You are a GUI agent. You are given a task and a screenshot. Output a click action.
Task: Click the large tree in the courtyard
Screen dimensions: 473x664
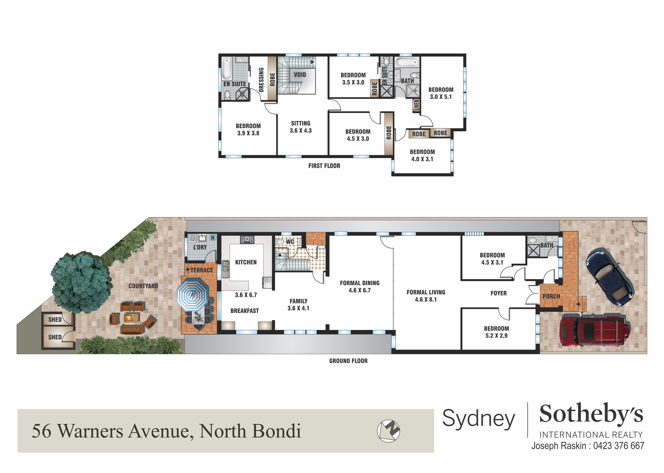(81, 282)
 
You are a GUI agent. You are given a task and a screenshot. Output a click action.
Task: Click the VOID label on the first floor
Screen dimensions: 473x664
(300, 75)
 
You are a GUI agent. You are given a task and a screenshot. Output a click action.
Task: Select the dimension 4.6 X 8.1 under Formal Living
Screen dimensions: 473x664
(426, 299)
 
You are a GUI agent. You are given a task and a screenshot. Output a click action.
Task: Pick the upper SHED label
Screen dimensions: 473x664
(55, 320)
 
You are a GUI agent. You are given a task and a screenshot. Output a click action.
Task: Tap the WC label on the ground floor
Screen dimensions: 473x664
(290, 242)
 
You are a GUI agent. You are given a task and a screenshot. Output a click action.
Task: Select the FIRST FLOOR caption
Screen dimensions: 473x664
(324, 166)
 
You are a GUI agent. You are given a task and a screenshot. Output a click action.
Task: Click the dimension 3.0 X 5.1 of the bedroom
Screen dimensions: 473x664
(441, 97)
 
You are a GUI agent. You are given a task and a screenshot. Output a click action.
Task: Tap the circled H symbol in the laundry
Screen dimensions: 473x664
(213, 238)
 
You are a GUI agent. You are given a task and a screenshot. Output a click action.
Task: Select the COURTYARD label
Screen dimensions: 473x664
(143, 286)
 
